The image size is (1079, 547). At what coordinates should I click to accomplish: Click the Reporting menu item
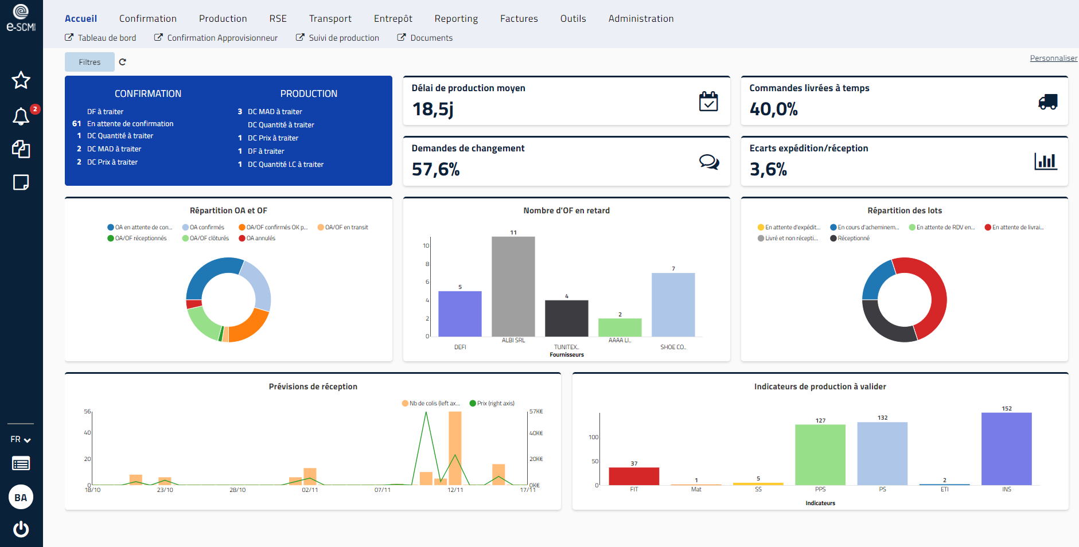tap(456, 18)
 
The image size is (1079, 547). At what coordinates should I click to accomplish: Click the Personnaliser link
tap(1053, 58)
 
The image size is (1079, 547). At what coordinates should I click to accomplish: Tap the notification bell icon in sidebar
tap(21, 116)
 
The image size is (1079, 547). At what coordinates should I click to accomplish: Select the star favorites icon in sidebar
tap(21, 80)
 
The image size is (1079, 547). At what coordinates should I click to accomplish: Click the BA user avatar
tap(21, 497)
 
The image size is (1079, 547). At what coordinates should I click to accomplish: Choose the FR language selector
tap(21, 439)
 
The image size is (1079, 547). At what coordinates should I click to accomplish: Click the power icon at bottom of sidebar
tap(21, 529)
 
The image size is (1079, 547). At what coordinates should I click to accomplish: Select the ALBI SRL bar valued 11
tap(513, 287)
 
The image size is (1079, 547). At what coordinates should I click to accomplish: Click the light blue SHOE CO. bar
tap(673, 304)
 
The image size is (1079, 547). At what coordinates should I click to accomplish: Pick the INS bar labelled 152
tap(1006, 448)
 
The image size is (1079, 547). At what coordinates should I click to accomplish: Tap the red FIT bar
tap(633, 476)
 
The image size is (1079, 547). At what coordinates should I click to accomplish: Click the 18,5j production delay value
tap(433, 109)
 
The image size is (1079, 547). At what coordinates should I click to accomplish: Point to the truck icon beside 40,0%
tap(1047, 102)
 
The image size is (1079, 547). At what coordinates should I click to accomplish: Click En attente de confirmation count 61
tap(76, 124)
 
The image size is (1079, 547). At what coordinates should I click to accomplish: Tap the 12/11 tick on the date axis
tap(455, 490)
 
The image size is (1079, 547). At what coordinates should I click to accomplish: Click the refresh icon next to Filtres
tap(122, 62)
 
